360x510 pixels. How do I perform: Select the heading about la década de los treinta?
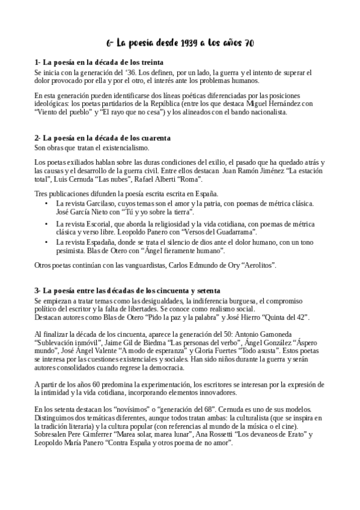click(99, 62)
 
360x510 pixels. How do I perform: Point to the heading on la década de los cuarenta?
click(102, 138)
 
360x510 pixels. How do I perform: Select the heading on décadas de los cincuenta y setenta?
click(127, 291)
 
